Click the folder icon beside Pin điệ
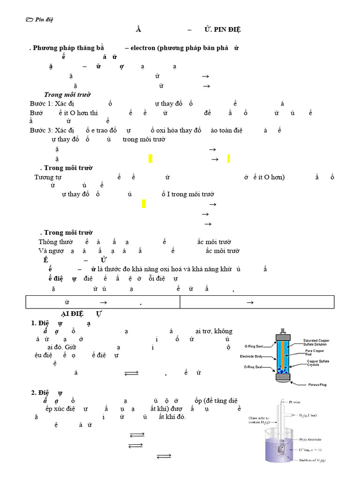point(30,19)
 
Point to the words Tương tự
point(48,177)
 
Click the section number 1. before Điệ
point(34,322)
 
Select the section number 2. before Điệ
point(34,392)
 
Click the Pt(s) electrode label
point(309,439)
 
